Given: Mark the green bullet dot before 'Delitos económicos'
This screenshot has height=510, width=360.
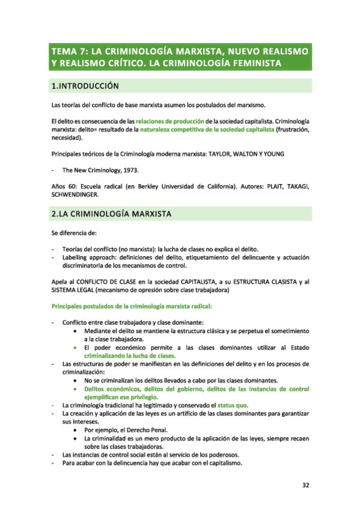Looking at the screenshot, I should pos(74,389).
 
